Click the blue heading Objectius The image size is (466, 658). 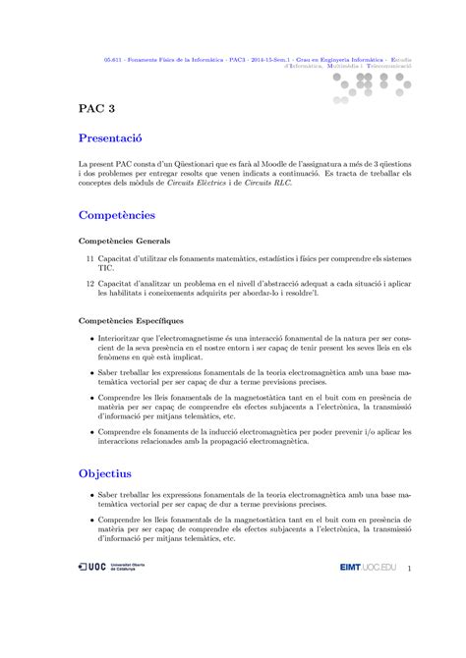(111, 472)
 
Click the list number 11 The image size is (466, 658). (88, 256)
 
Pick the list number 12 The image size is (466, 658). (88, 282)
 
